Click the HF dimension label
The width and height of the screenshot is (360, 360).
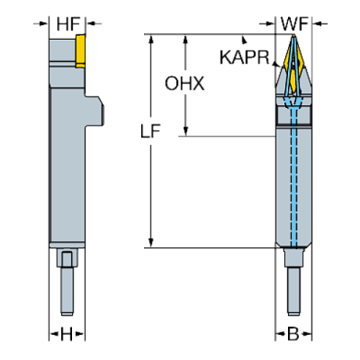pos(68,24)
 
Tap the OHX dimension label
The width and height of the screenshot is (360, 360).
pos(184,84)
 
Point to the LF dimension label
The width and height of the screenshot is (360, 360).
pos(151,132)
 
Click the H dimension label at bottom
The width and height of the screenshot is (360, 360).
pos(67,334)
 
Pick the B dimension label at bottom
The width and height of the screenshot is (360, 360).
pos(292,334)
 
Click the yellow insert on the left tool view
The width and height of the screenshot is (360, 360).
pos(79,51)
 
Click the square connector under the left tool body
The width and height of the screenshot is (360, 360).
pos(67,259)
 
